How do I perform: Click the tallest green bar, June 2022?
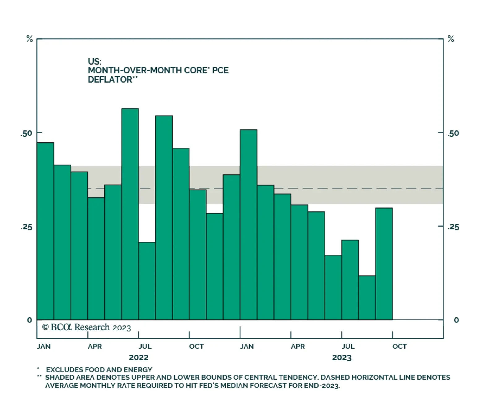[130, 214]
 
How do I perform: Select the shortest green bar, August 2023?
[367, 297]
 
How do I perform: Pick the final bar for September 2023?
[384, 263]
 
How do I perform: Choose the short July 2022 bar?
[147, 280]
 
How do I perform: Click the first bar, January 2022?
[45, 231]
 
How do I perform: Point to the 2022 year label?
[139, 358]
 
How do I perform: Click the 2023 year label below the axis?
[342, 358]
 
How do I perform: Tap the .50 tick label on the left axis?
[26, 133]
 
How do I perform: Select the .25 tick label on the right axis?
[453, 227]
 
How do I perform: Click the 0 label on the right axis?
[456, 320]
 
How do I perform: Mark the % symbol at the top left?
[29, 39]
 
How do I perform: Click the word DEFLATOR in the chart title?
[110, 80]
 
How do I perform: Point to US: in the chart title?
[94, 61]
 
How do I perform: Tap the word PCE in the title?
[220, 70]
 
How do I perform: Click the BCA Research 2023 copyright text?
[87, 327]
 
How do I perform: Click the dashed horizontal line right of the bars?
[418, 188]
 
